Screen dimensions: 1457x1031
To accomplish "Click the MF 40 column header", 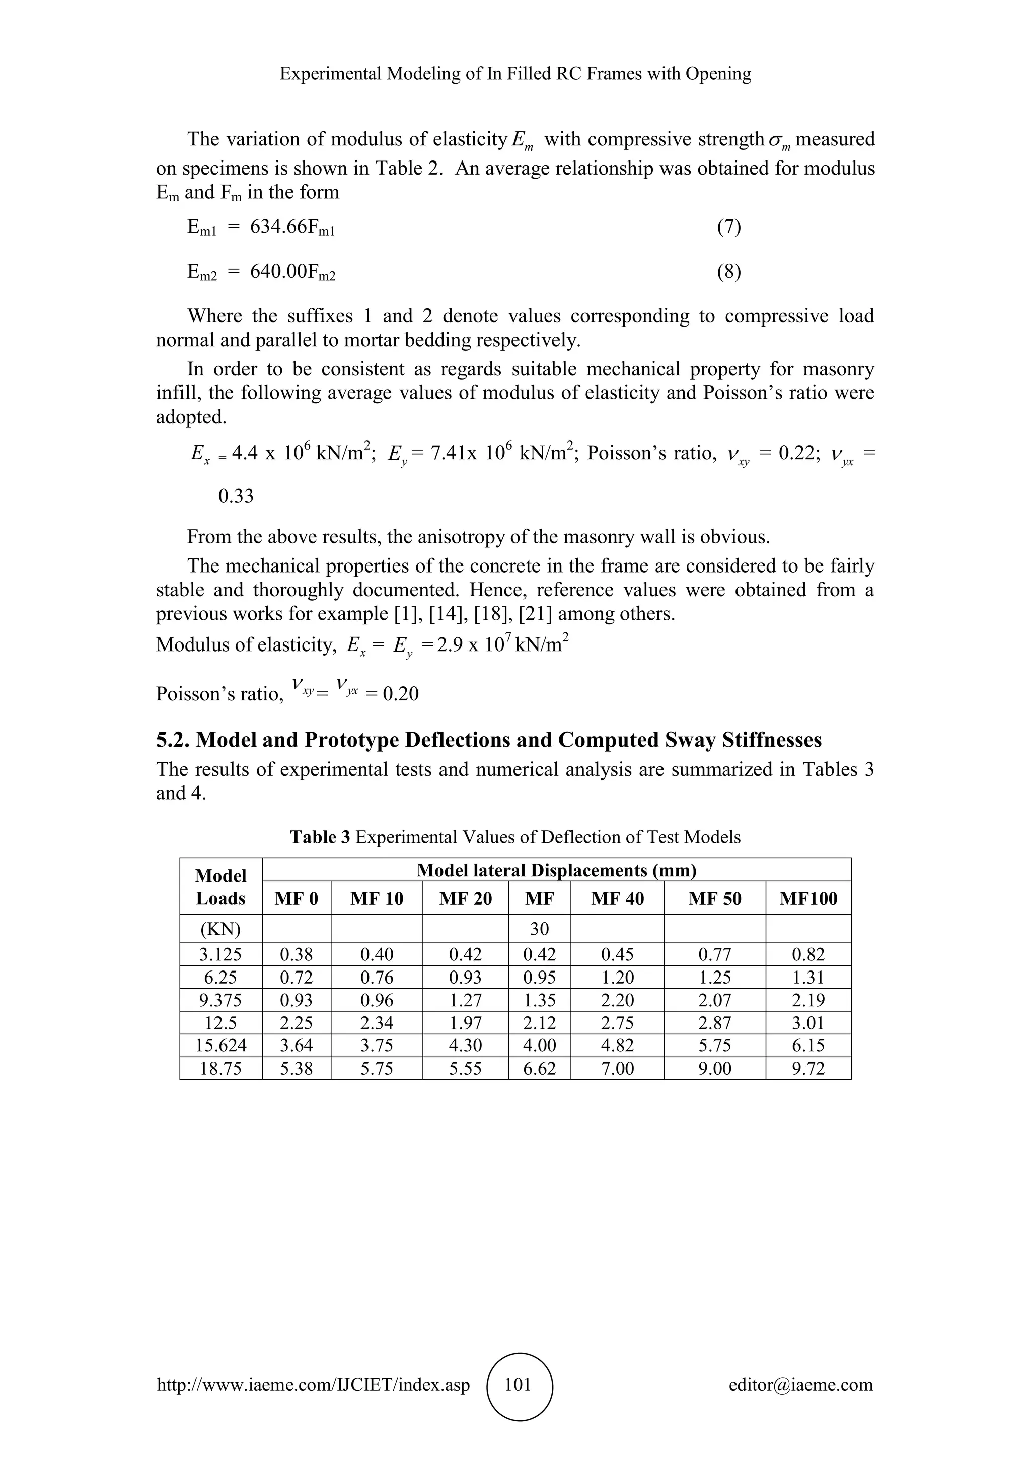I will (617, 898).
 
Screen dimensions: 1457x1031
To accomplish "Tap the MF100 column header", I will (808, 898).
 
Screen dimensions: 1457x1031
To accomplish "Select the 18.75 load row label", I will (220, 1069).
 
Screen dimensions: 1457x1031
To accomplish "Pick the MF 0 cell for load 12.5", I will (297, 1023).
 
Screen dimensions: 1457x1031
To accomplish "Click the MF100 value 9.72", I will (808, 1069).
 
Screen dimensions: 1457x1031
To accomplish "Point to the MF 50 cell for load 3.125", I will (715, 954).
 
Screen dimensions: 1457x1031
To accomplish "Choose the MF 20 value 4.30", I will (465, 1046).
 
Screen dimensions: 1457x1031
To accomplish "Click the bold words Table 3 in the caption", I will (320, 837).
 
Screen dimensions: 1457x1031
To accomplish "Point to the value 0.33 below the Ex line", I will (236, 496).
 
